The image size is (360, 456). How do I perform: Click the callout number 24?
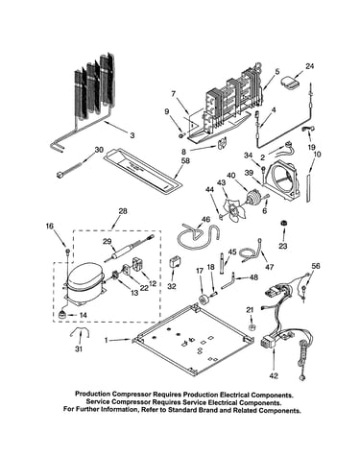tap(309, 66)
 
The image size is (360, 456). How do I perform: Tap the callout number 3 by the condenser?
tap(132, 135)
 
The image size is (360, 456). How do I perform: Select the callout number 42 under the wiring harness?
tap(274, 375)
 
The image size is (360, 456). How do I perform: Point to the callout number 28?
tap(123, 211)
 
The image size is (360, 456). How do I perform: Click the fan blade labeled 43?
tap(232, 208)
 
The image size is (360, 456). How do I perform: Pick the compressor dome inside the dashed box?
tap(84, 276)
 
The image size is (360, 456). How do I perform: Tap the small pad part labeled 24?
tap(290, 82)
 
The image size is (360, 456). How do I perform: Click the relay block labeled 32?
tap(175, 262)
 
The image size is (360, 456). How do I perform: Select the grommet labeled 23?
tap(283, 224)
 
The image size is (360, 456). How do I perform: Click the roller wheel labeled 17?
tap(204, 300)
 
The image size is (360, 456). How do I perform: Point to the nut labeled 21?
tap(252, 327)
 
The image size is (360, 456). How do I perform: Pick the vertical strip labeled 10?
tap(308, 188)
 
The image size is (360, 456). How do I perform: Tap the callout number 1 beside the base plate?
tap(107, 340)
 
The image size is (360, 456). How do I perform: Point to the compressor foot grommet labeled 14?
tap(62, 314)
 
